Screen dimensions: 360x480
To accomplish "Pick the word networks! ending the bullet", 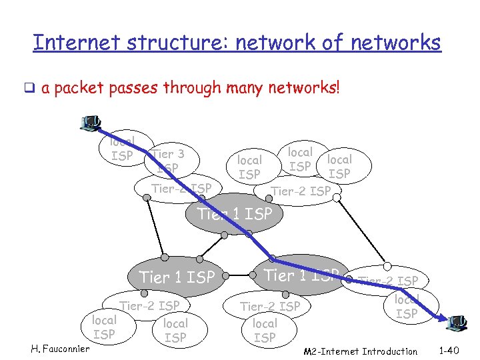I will tap(306, 88).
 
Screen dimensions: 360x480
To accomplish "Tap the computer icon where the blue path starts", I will tap(89, 123).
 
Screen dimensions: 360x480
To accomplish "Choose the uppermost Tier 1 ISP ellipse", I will tap(235, 214).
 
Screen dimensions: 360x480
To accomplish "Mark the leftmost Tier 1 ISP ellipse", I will tap(177, 276).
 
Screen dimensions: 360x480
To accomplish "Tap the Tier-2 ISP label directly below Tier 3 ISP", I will tap(181, 189).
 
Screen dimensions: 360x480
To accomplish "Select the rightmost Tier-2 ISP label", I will tap(389, 281).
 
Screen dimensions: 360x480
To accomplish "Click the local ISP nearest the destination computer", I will tap(406, 307).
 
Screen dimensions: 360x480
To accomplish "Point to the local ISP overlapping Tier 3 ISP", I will tap(122, 149).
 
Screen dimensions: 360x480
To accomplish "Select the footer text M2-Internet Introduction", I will tap(360, 351).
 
